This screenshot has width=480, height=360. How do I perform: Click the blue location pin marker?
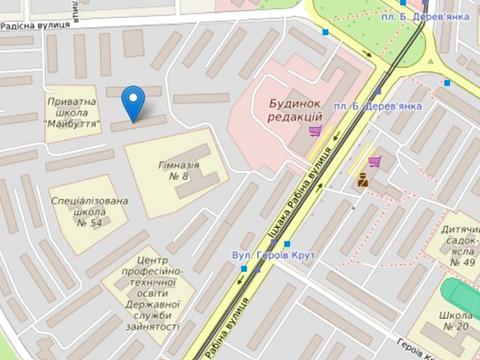pos(132,100)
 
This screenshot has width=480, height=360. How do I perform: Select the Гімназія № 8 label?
pos(179,169)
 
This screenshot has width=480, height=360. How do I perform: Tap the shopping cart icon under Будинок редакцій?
pos(314,131)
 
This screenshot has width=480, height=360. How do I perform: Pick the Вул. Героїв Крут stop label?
pos(273,256)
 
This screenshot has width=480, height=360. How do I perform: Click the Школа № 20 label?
pos(455,320)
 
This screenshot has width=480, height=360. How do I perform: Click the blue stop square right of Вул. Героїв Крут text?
pos(287,244)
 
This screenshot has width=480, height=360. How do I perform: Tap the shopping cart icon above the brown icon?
pos(373,161)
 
